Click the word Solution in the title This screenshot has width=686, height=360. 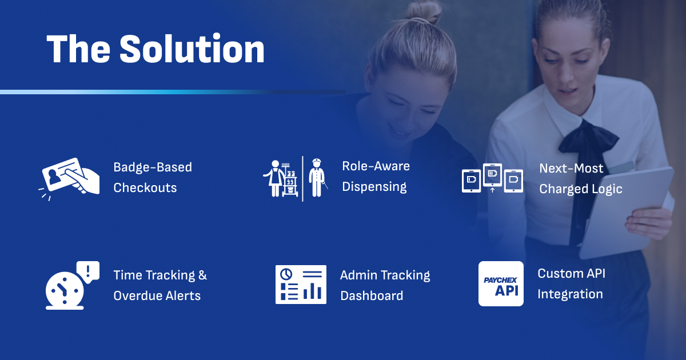point(192,49)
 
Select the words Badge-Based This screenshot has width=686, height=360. point(153,167)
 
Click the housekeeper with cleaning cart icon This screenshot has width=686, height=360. point(280,178)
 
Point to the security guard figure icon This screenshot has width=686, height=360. point(317,178)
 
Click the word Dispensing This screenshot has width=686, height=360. point(374,187)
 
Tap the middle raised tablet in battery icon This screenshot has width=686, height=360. point(492,175)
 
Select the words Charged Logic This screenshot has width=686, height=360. point(581,189)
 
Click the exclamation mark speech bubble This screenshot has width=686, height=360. point(88,272)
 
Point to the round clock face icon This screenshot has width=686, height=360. point(64,290)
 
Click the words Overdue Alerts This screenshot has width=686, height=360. point(157,296)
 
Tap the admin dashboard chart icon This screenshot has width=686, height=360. point(301,285)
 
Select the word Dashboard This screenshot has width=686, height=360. point(372,296)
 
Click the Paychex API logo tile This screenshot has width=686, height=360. point(501,283)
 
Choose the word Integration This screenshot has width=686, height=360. point(570,294)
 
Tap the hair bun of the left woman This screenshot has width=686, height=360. point(424,11)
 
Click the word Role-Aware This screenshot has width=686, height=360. point(376,166)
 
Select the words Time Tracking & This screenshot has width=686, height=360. point(160,275)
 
